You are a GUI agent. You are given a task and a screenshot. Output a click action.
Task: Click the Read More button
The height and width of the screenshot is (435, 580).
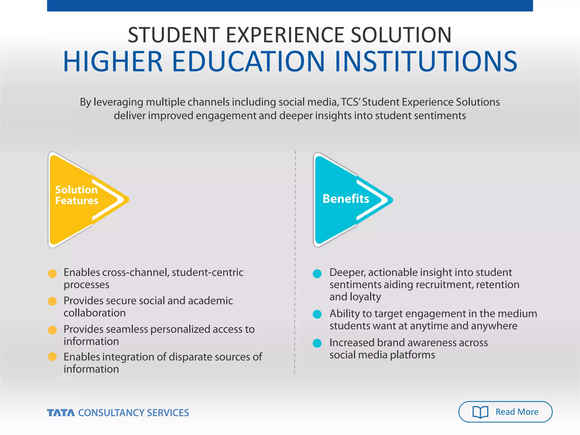click(x=505, y=412)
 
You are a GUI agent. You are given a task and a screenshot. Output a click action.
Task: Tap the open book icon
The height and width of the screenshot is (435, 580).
click(x=480, y=412)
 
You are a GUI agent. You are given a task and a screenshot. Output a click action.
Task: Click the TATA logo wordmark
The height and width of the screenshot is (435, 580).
click(x=61, y=413)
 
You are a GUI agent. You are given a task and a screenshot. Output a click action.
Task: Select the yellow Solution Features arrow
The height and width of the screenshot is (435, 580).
click(x=82, y=199)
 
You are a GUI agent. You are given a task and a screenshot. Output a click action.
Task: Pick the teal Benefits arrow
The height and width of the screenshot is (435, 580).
click(x=348, y=199)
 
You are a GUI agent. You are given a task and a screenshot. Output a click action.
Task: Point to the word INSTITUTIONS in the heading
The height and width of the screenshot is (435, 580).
click(x=426, y=61)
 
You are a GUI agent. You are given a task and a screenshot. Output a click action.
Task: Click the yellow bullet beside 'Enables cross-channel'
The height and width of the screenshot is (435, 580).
click(x=52, y=274)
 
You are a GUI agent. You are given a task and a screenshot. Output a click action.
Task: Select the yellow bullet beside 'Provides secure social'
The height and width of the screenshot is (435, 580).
click(x=52, y=301)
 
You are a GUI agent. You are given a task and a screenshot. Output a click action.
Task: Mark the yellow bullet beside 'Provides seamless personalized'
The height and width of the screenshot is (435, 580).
click(x=52, y=330)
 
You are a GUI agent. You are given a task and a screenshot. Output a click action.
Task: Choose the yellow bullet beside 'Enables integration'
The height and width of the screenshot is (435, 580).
click(x=52, y=357)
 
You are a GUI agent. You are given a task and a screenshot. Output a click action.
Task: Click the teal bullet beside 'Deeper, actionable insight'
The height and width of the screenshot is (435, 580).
click(x=317, y=274)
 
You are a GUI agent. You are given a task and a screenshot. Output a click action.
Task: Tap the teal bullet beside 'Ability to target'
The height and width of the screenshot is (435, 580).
click(x=317, y=314)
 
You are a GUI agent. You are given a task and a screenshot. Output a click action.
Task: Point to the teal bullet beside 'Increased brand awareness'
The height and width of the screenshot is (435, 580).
click(x=317, y=343)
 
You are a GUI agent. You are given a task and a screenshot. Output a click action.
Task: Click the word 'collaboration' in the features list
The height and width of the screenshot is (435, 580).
click(x=95, y=313)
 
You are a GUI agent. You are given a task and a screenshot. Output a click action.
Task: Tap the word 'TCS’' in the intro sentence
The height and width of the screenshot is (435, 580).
click(x=350, y=102)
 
